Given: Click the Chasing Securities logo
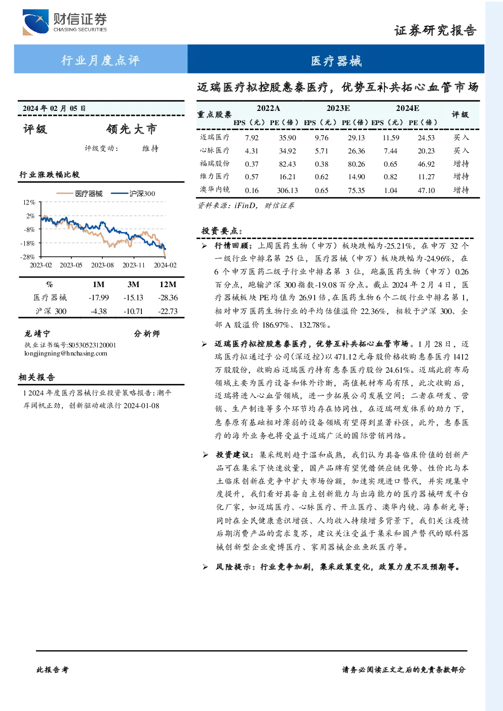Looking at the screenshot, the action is pos(65,22).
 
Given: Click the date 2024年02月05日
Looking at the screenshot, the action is pos(54,108).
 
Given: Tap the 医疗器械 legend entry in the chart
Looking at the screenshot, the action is pos(80,193).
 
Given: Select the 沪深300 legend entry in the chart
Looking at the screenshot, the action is pos(133,193).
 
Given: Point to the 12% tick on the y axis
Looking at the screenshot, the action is pos(29,202).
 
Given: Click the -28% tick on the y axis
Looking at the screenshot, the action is pos(28,256).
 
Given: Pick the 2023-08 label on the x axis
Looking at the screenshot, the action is pos(102,265).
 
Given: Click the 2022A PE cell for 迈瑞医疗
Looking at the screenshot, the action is pos(287,138).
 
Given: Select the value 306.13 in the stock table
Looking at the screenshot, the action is pos(287,190).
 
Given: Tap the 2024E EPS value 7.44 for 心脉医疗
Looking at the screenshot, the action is pos(390,151).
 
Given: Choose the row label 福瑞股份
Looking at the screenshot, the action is pos(215,164).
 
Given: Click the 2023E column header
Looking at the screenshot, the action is pos(338,108).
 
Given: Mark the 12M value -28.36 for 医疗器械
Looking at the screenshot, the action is pos(168,297).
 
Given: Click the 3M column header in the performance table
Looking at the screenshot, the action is pos(133,285).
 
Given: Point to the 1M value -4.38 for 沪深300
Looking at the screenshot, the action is pos(99,311).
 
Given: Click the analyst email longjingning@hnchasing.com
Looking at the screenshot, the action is pos(66,353).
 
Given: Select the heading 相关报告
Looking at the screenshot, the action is pos(37,377).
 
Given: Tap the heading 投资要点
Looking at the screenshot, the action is pos(222,231).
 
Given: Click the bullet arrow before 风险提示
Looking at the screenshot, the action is pos(205,567).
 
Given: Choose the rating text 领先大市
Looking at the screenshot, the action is pos(132,129).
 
